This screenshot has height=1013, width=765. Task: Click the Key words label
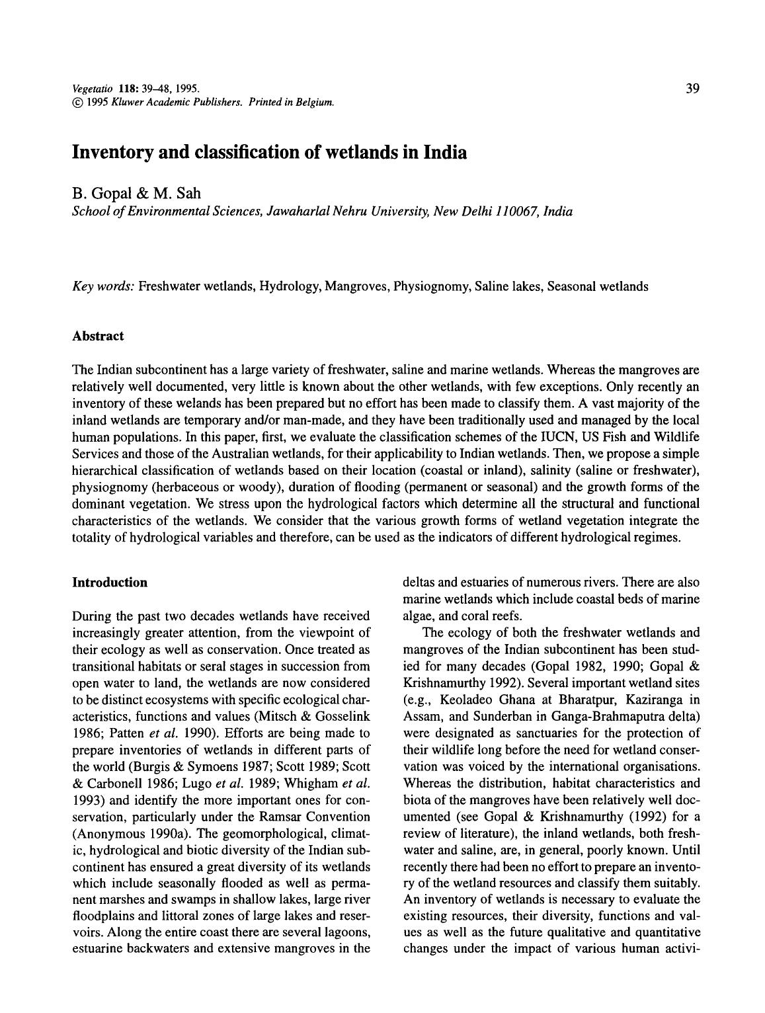coord(103,286)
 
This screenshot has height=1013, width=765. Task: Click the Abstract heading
coord(98,336)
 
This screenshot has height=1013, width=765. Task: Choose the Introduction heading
coord(110,583)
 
